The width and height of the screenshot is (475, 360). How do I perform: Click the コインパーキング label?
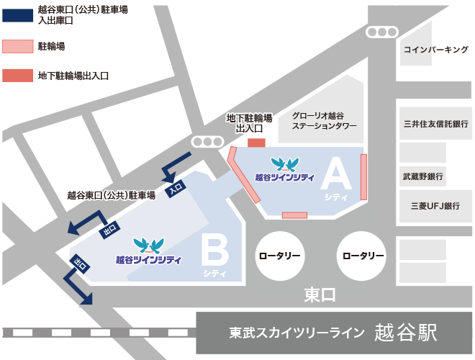[436, 50]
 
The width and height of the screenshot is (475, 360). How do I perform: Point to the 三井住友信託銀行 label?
[435, 124]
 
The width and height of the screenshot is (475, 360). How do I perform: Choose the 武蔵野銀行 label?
[422, 176]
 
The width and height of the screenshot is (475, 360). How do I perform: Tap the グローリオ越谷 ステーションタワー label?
[319, 120]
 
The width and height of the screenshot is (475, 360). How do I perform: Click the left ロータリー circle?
[280, 256]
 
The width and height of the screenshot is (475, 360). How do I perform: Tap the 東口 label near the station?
[320, 294]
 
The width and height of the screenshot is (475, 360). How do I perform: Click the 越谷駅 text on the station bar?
[405, 332]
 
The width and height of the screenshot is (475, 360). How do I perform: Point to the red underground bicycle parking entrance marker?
[256, 142]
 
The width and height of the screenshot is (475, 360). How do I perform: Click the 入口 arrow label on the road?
[176, 187]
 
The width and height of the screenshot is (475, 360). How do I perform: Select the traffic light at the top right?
[381, 32]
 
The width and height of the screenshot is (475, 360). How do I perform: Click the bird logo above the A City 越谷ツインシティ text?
[284, 164]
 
